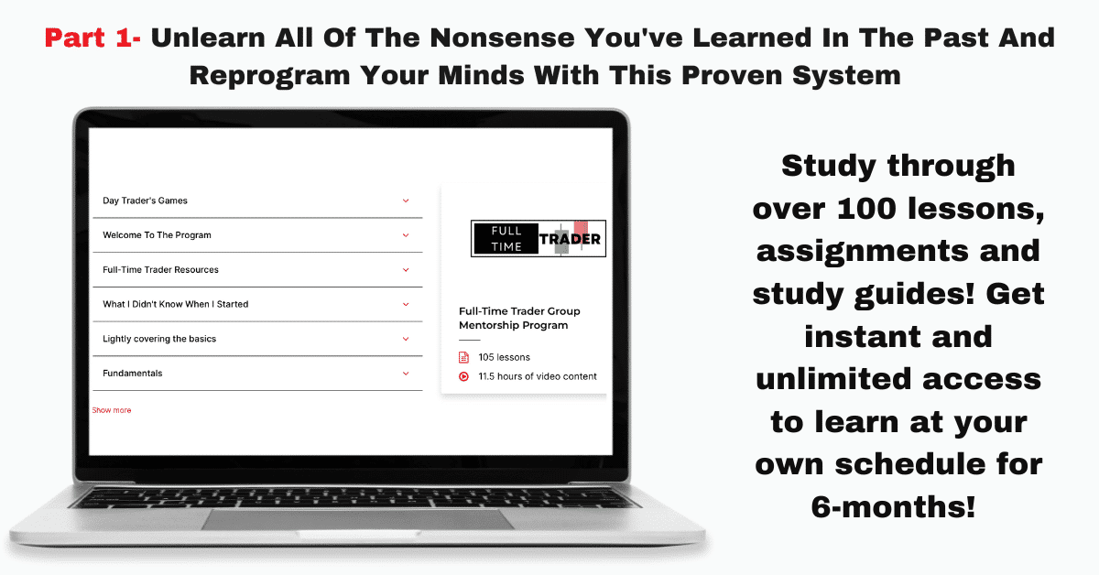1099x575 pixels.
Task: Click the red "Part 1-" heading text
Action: tap(92, 38)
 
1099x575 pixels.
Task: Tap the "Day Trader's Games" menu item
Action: tap(145, 201)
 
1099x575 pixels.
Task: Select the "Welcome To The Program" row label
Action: tap(157, 235)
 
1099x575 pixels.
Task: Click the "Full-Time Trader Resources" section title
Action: tap(160, 270)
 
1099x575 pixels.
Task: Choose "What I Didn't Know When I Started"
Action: tap(176, 304)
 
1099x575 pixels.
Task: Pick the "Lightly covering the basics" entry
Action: tap(159, 339)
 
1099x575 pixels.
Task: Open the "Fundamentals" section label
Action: tap(133, 374)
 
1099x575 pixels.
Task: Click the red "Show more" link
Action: tap(112, 410)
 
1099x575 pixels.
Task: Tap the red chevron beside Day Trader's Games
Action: tap(406, 201)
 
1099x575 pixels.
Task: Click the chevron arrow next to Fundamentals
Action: tap(406, 374)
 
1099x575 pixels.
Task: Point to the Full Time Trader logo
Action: tap(539, 238)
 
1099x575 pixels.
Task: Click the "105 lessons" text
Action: tap(504, 357)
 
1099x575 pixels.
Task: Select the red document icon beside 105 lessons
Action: tap(463, 357)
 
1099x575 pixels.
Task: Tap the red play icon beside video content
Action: tap(463, 376)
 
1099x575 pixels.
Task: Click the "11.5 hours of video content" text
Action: tap(538, 376)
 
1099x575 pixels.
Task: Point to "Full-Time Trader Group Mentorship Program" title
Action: tap(519, 318)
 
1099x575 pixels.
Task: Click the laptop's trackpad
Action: tap(358, 519)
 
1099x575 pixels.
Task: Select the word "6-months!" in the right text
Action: tap(894, 507)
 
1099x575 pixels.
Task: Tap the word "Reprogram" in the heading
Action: tap(269, 76)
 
